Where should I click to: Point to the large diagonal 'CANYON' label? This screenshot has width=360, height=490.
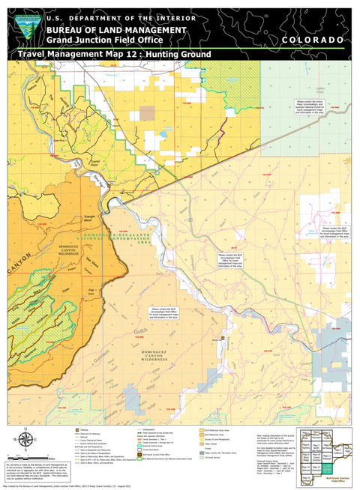[x=18, y=264]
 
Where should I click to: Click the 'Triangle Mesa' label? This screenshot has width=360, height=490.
[x=91, y=219]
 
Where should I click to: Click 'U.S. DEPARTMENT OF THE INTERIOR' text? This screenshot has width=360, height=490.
[x=120, y=18]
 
